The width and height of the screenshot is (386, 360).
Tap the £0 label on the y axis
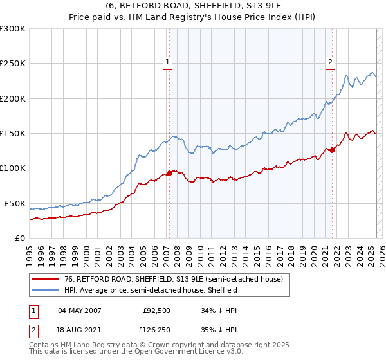[19, 238]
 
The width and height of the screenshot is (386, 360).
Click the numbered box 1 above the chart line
[167, 62]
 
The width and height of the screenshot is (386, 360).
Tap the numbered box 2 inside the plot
[330, 62]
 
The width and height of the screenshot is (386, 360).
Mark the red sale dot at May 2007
[169, 173]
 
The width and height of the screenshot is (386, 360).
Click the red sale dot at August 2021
[333, 150]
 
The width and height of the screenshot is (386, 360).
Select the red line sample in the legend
[46, 279]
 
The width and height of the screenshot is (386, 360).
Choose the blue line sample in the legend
[46, 290]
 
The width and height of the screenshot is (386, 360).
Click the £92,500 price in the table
[157, 310]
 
